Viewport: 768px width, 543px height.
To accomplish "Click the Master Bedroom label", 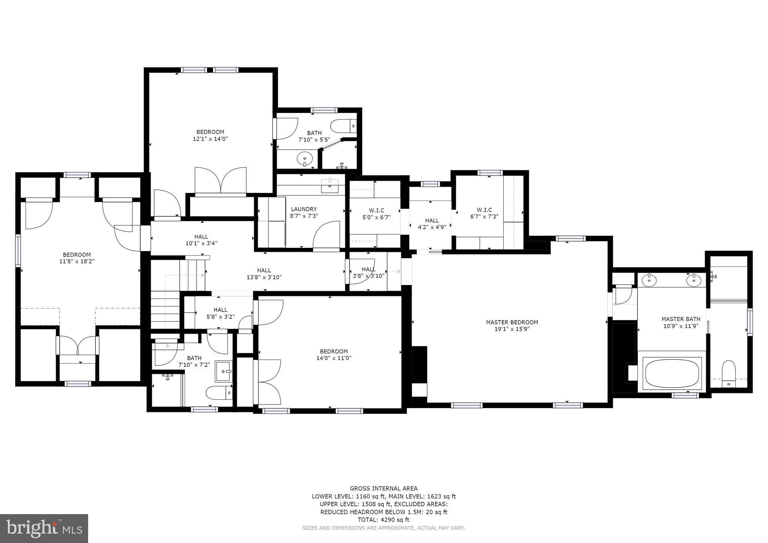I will (x=512, y=322).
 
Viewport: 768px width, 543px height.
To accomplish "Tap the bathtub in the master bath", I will (x=672, y=373).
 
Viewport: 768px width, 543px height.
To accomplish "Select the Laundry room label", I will (x=304, y=209).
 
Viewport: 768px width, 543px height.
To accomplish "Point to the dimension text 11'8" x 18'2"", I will (x=76, y=261).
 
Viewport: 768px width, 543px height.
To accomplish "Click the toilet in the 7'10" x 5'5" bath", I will (x=343, y=125).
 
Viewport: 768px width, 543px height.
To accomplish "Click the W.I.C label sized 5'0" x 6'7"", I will (x=376, y=210).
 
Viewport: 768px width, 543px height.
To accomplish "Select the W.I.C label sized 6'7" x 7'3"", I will (x=484, y=210).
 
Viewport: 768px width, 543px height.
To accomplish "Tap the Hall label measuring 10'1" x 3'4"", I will (x=201, y=237).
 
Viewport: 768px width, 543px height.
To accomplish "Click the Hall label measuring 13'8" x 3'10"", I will (x=264, y=270).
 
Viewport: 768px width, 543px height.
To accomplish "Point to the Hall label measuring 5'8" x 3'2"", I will (x=220, y=310).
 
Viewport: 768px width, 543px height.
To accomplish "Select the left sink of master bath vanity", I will (x=649, y=280).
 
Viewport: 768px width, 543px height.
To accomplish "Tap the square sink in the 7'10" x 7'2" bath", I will (x=223, y=371).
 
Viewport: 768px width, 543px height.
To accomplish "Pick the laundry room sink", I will (x=330, y=186).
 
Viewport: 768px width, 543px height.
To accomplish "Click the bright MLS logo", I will (x=44, y=528).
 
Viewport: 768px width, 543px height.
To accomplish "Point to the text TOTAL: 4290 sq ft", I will (x=384, y=520).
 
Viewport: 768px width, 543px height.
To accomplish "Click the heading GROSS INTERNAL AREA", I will (x=384, y=488).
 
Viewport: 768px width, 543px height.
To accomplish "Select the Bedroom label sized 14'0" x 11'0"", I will (x=333, y=351).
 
